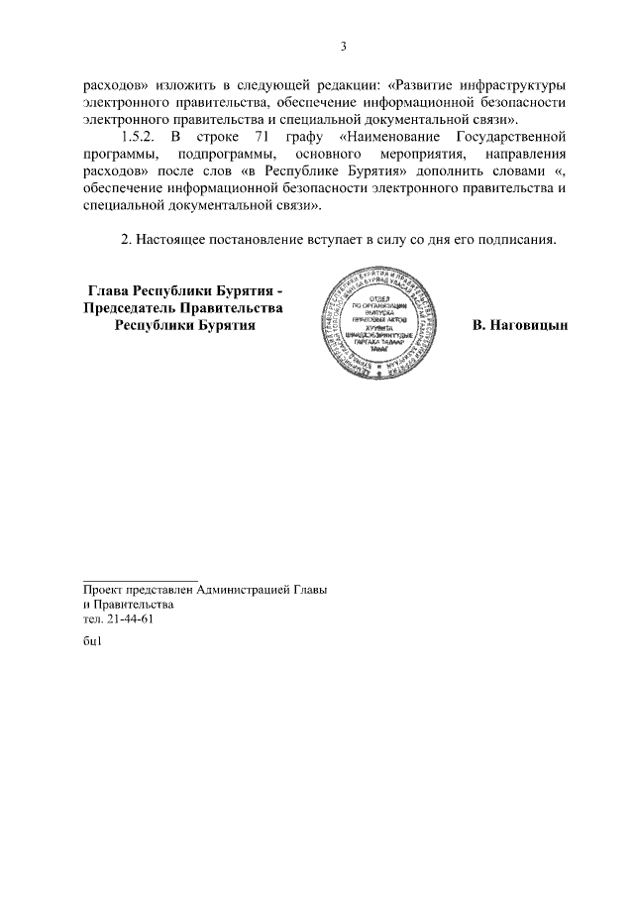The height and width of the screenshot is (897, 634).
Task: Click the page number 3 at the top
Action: coord(343,46)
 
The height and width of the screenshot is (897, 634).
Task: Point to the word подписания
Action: coord(516,239)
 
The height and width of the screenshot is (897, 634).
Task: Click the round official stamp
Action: coord(380,322)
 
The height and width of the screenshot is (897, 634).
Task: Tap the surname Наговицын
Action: coord(519,325)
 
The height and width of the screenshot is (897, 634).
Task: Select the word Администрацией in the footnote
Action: coord(243,589)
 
